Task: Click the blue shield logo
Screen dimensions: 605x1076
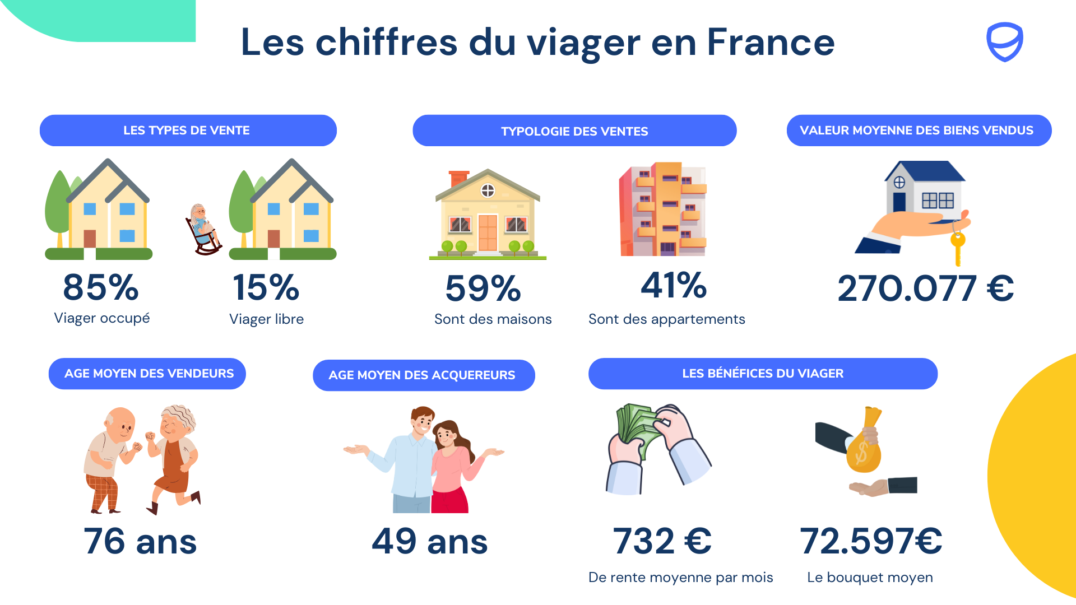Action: click(x=1004, y=41)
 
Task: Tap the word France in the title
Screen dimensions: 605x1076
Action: click(x=771, y=43)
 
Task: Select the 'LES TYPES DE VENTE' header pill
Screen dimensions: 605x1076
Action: click(x=188, y=131)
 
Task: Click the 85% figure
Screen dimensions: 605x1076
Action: click(x=101, y=287)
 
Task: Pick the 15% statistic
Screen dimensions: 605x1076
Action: click(x=266, y=287)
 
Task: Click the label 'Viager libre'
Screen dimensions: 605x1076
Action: click(x=266, y=319)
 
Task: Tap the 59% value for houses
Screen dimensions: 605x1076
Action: click(x=483, y=288)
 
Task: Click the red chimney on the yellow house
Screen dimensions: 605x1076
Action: click(x=459, y=178)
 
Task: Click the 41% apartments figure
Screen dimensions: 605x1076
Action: click(x=674, y=285)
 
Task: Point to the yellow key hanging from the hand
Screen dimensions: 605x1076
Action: click(x=958, y=246)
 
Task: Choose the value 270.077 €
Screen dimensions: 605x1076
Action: click(x=925, y=288)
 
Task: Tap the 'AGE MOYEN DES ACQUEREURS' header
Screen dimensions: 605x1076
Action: click(x=423, y=375)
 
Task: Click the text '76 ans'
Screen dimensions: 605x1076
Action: click(x=140, y=541)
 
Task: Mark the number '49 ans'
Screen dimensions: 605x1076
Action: click(x=430, y=541)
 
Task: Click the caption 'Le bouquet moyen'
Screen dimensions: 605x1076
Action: click(x=870, y=578)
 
